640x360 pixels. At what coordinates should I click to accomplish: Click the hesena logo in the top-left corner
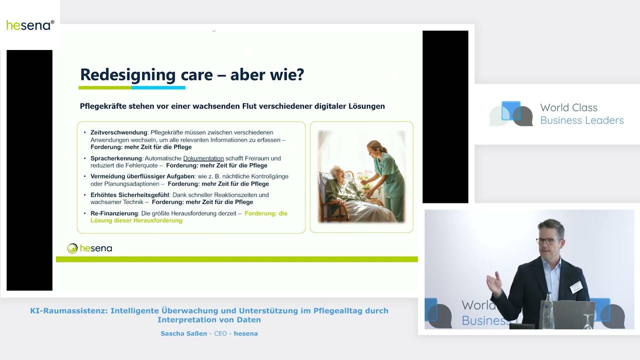click(x=30, y=25)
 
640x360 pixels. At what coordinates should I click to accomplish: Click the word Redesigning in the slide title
click(x=127, y=75)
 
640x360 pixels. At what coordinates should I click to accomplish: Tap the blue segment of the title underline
click(x=158, y=87)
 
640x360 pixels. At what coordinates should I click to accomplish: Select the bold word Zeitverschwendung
click(x=119, y=132)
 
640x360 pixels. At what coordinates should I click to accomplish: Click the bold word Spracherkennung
click(x=116, y=158)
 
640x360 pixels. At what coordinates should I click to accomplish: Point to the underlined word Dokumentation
click(x=203, y=158)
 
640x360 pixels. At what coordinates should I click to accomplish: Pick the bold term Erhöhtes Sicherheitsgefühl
click(x=129, y=195)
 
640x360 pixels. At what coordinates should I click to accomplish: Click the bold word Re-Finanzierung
click(x=114, y=213)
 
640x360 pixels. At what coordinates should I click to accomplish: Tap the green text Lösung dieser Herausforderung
click(x=136, y=220)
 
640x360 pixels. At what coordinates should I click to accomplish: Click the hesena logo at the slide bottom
click(x=89, y=248)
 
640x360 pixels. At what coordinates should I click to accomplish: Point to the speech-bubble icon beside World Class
click(x=511, y=113)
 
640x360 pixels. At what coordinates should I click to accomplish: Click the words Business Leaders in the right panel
click(x=581, y=120)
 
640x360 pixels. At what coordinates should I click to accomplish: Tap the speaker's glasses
click(x=547, y=241)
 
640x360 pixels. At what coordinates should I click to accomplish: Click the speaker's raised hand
click(x=494, y=283)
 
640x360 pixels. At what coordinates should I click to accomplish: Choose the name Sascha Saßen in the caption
click(x=183, y=333)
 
